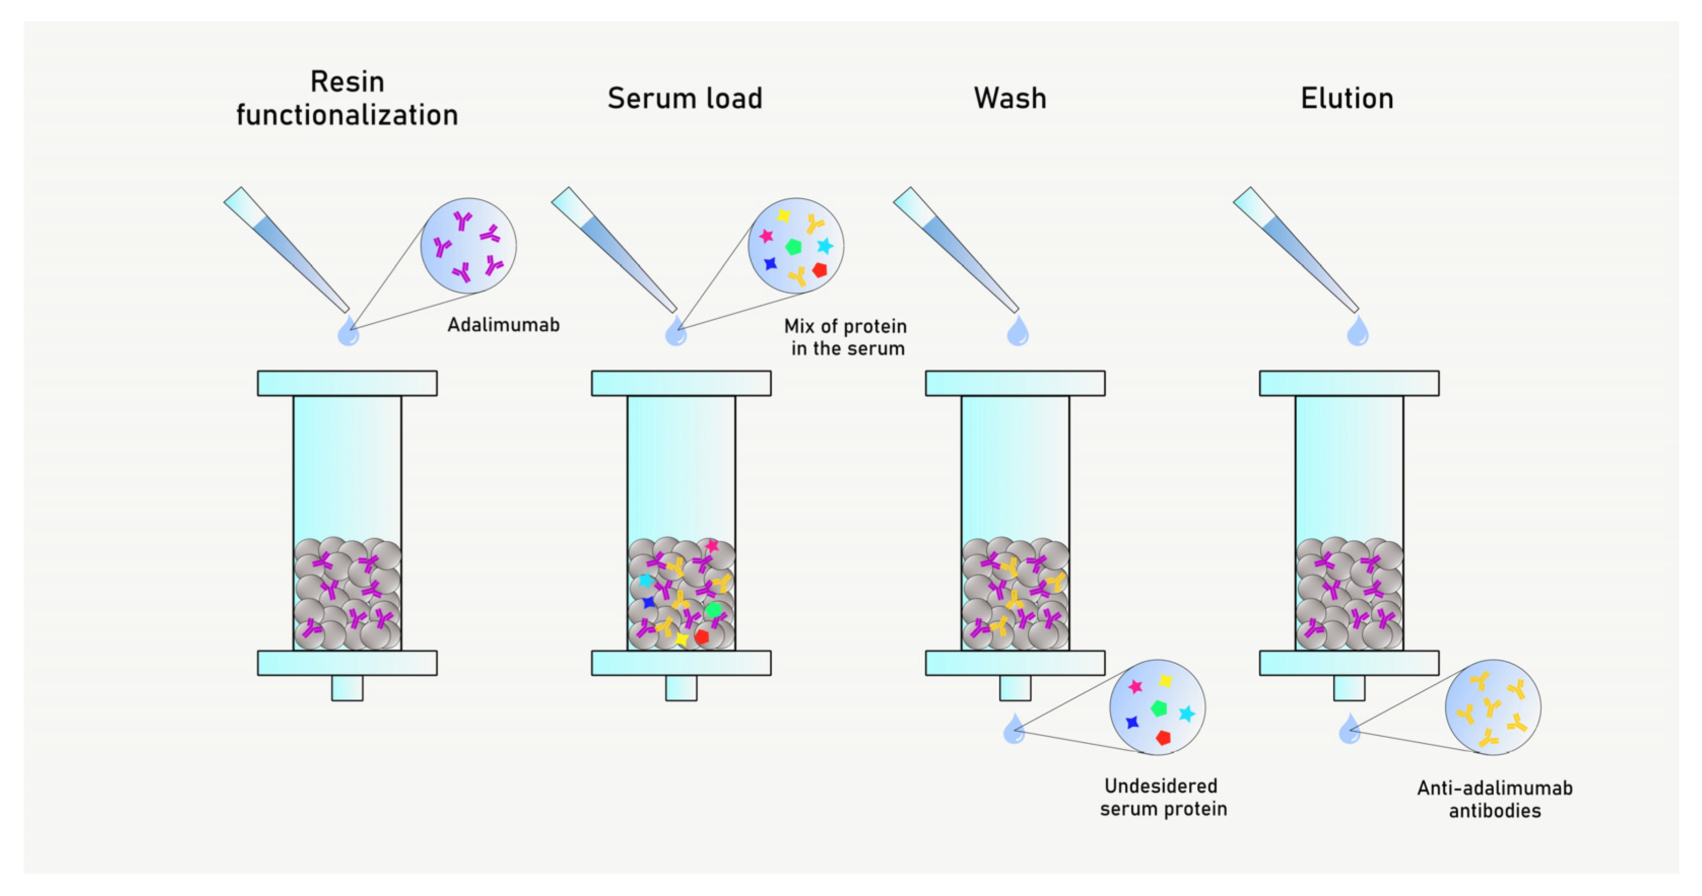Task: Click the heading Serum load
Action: point(684,99)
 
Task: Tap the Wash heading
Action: point(1010,99)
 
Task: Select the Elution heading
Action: point(1347,99)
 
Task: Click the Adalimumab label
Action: point(504,325)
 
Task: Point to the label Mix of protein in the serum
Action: point(846,337)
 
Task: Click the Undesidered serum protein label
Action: point(1163,797)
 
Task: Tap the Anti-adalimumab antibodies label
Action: point(1494,799)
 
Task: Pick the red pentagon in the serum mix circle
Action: point(820,270)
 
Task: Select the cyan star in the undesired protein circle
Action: point(1187,714)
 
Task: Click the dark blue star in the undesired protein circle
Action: point(1132,722)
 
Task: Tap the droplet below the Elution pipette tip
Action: point(1357,331)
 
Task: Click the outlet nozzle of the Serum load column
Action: point(681,688)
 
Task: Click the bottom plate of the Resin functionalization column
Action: point(347,663)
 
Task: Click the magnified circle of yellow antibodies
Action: point(1493,707)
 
